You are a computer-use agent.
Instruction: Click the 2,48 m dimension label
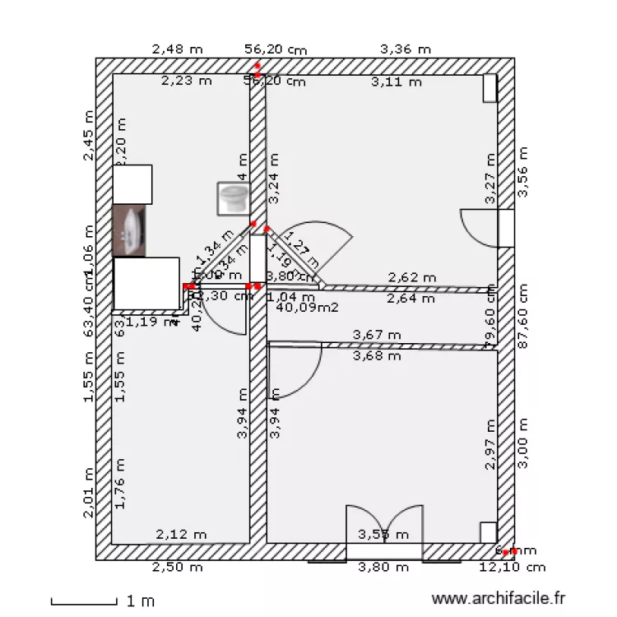pyautogui.click(x=177, y=49)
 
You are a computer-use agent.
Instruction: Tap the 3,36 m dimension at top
pyautogui.click(x=406, y=49)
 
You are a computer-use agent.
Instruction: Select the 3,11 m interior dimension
pyautogui.click(x=397, y=81)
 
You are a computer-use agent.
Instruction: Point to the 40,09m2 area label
pyautogui.click(x=308, y=308)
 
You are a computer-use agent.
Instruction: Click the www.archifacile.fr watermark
pyautogui.click(x=499, y=600)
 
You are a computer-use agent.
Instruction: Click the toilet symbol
pyautogui.click(x=234, y=198)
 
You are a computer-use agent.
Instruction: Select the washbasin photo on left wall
pyautogui.click(x=129, y=230)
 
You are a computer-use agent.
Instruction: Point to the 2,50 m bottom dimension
pyautogui.click(x=178, y=567)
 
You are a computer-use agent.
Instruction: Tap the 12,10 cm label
pyautogui.click(x=513, y=567)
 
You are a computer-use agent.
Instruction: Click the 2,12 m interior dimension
pyautogui.click(x=181, y=535)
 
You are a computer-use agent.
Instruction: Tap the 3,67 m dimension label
pyautogui.click(x=377, y=335)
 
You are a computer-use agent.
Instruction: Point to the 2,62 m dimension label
pyautogui.click(x=412, y=277)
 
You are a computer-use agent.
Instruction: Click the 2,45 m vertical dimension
pyautogui.click(x=89, y=136)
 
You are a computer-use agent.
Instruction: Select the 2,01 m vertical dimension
pyautogui.click(x=89, y=493)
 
